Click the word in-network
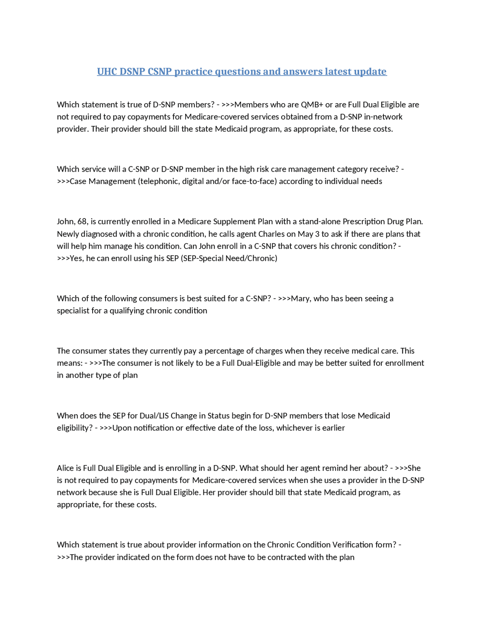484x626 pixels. (x=383, y=117)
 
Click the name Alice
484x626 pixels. (x=65, y=468)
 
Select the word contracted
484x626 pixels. (x=289, y=557)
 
